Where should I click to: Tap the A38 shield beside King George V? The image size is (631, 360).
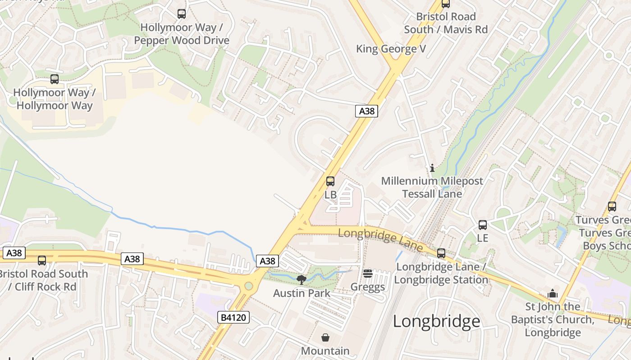(366, 111)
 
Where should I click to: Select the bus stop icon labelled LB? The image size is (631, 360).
(330, 181)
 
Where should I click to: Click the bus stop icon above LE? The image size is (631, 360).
(483, 225)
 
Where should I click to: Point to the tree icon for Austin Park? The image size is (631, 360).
(302, 280)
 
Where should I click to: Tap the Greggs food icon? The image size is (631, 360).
(368, 274)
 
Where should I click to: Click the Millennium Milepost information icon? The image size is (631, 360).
(432, 168)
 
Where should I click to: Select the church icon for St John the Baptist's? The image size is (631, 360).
(553, 294)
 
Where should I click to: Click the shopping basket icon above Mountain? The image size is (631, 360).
(325, 337)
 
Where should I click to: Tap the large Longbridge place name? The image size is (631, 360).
(436, 321)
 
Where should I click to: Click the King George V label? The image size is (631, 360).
(391, 49)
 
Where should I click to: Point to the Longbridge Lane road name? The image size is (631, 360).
(380, 240)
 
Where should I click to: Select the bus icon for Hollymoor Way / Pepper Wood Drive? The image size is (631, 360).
(182, 14)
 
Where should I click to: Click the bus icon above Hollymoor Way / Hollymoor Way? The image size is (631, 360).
(55, 79)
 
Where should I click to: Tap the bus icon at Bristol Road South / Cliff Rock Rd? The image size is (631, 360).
(42, 260)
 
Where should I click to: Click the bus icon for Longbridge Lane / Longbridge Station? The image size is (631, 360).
(441, 253)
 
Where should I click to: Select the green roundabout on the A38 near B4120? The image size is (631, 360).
(248, 286)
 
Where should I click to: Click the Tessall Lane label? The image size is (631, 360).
(432, 194)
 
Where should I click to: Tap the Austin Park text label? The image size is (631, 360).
(302, 293)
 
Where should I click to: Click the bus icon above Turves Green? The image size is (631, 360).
(612, 207)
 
